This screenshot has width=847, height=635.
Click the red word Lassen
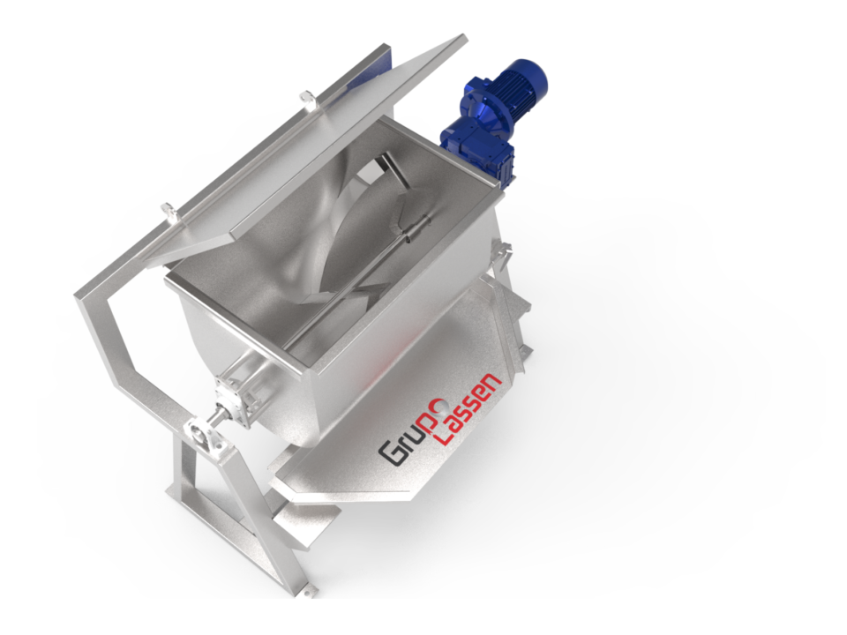(x=469, y=408)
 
